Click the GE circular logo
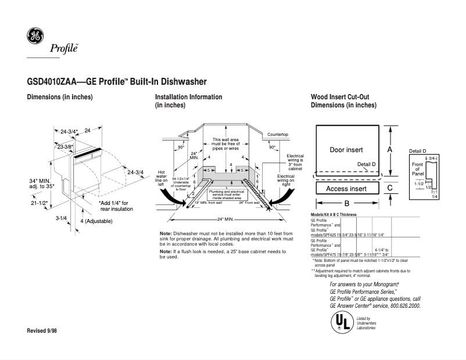(35, 37)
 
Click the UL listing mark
(340, 322)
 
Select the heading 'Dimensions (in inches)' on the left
(60, 97)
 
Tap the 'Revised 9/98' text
(42, 330)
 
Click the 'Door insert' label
(346, 150)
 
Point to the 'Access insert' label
(346, 189)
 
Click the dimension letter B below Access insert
(346, 204)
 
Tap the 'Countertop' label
(277, 135)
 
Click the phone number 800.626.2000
(403, 305)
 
